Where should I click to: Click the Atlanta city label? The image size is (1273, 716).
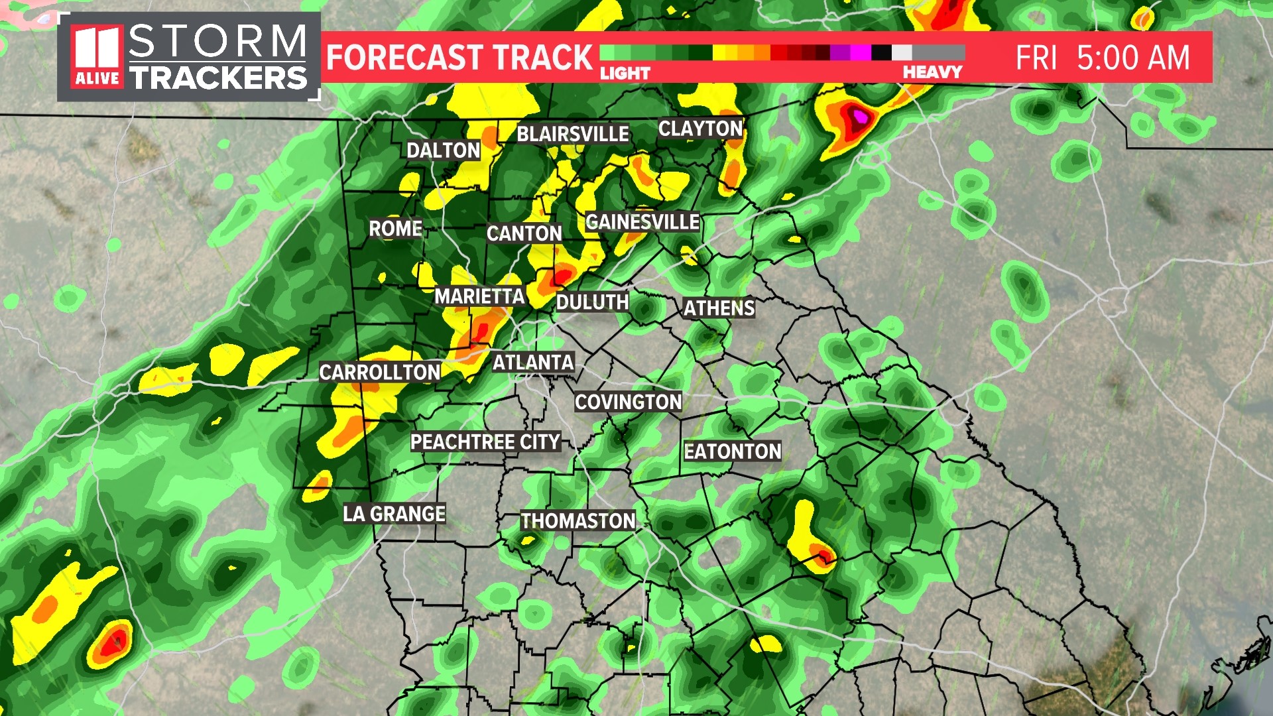533,363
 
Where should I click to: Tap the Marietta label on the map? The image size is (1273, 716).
479,296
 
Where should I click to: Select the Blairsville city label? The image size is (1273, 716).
573,134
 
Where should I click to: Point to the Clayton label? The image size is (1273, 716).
700,129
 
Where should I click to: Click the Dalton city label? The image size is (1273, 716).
443,150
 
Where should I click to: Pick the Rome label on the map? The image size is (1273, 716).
395,229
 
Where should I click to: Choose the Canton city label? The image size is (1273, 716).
524,233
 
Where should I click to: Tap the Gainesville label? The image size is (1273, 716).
642,221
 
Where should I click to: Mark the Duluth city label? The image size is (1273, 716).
592,302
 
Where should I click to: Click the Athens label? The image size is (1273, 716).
719,308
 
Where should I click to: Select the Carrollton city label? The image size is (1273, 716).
379,373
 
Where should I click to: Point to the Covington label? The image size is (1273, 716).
628,402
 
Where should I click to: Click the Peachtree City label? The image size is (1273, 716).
485,442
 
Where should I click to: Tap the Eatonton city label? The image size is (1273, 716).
733,451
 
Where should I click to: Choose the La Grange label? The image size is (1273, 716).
394,514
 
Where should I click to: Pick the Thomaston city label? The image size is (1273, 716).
577,521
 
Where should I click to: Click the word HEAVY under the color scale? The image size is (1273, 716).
932,72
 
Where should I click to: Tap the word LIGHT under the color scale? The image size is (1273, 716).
625,73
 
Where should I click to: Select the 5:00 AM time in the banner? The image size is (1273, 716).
1133,58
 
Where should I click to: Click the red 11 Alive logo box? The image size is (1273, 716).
97,57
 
